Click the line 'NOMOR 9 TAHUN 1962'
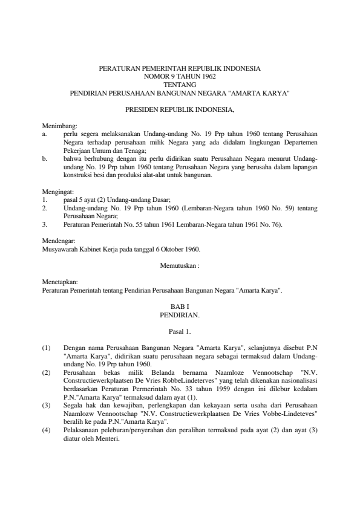180,77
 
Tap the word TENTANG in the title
180,85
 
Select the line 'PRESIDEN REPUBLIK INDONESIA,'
180,110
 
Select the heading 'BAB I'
180,306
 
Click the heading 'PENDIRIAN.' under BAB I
180,315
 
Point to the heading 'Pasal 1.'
180,331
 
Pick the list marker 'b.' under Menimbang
45,159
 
